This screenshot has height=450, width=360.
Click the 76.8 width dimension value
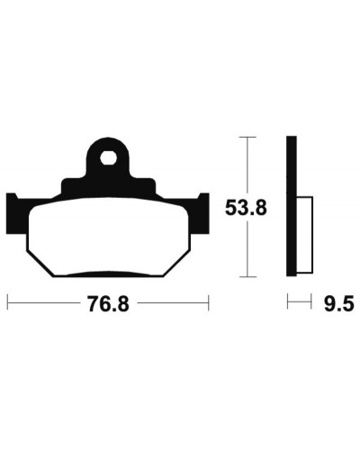coord(108,303)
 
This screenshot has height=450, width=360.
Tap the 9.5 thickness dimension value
coord(339,303)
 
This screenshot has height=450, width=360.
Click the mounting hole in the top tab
coord(108,157)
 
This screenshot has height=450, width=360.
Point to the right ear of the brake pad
coord(204,212)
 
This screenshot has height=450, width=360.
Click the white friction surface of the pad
coord(109,236)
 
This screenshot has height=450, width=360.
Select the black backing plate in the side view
coord(292,206)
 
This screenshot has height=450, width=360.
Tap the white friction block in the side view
coord(305,235)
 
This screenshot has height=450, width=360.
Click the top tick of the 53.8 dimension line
coord(247,137)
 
